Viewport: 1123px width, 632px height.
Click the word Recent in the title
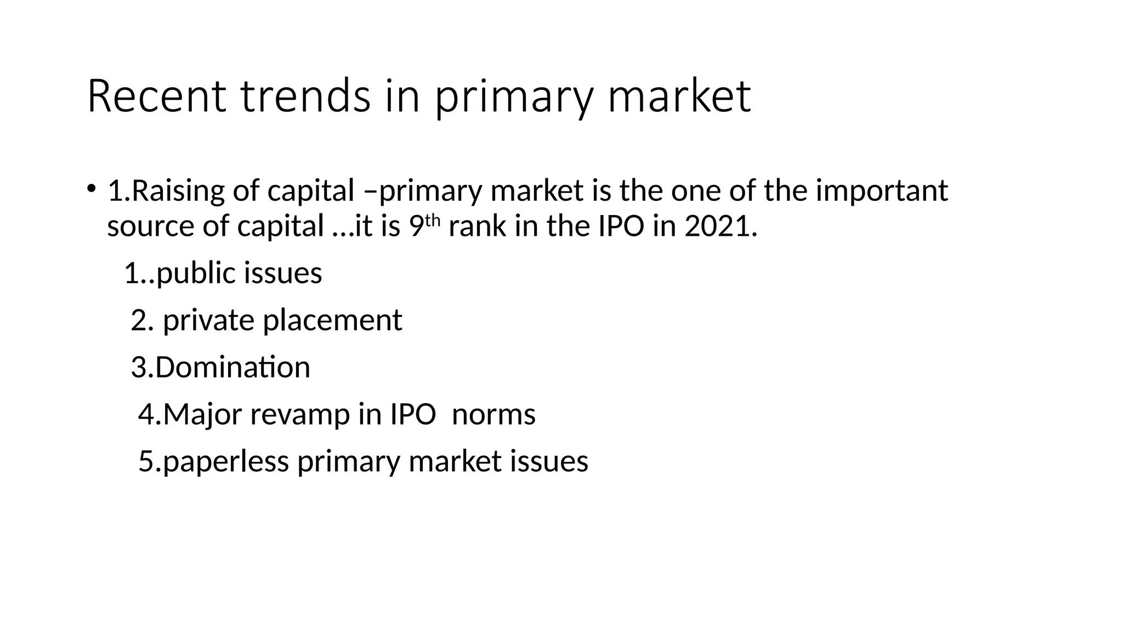(x=156, y=97)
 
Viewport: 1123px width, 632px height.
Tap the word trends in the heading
(x=305, y=97)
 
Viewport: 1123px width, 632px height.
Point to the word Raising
(x=178, y=191)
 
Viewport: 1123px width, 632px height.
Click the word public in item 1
(x=195, y=273)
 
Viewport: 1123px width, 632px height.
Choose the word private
(x=208, y=320)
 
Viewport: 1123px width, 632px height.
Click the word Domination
(x=232, y=367)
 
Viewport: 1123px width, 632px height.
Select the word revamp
(x=300, y=415)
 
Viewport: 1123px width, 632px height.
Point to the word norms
(x=494, y=414)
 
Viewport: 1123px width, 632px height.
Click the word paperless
(x=225, y=461)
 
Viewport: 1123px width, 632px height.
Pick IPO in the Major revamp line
(x=413, y=414)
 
